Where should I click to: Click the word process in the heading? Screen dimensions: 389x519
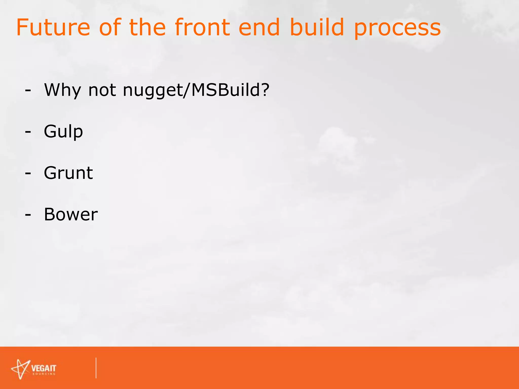click(x=397, y=29)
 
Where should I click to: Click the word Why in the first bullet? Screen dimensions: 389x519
click(x=62, y=90)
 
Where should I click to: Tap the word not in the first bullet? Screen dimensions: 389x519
click(x=102, y=90)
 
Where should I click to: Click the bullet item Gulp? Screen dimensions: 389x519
click(x=63, y=132)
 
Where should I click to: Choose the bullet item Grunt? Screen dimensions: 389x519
click(x=68, y=173)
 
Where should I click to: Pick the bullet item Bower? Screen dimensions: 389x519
click(x=71, y=215)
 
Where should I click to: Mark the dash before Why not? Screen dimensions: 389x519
click(x=28, y=91)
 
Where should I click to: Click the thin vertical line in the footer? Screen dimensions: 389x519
click(x=96, y=368)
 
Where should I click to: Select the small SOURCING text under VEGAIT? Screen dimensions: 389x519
click(x=44, y=374)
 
